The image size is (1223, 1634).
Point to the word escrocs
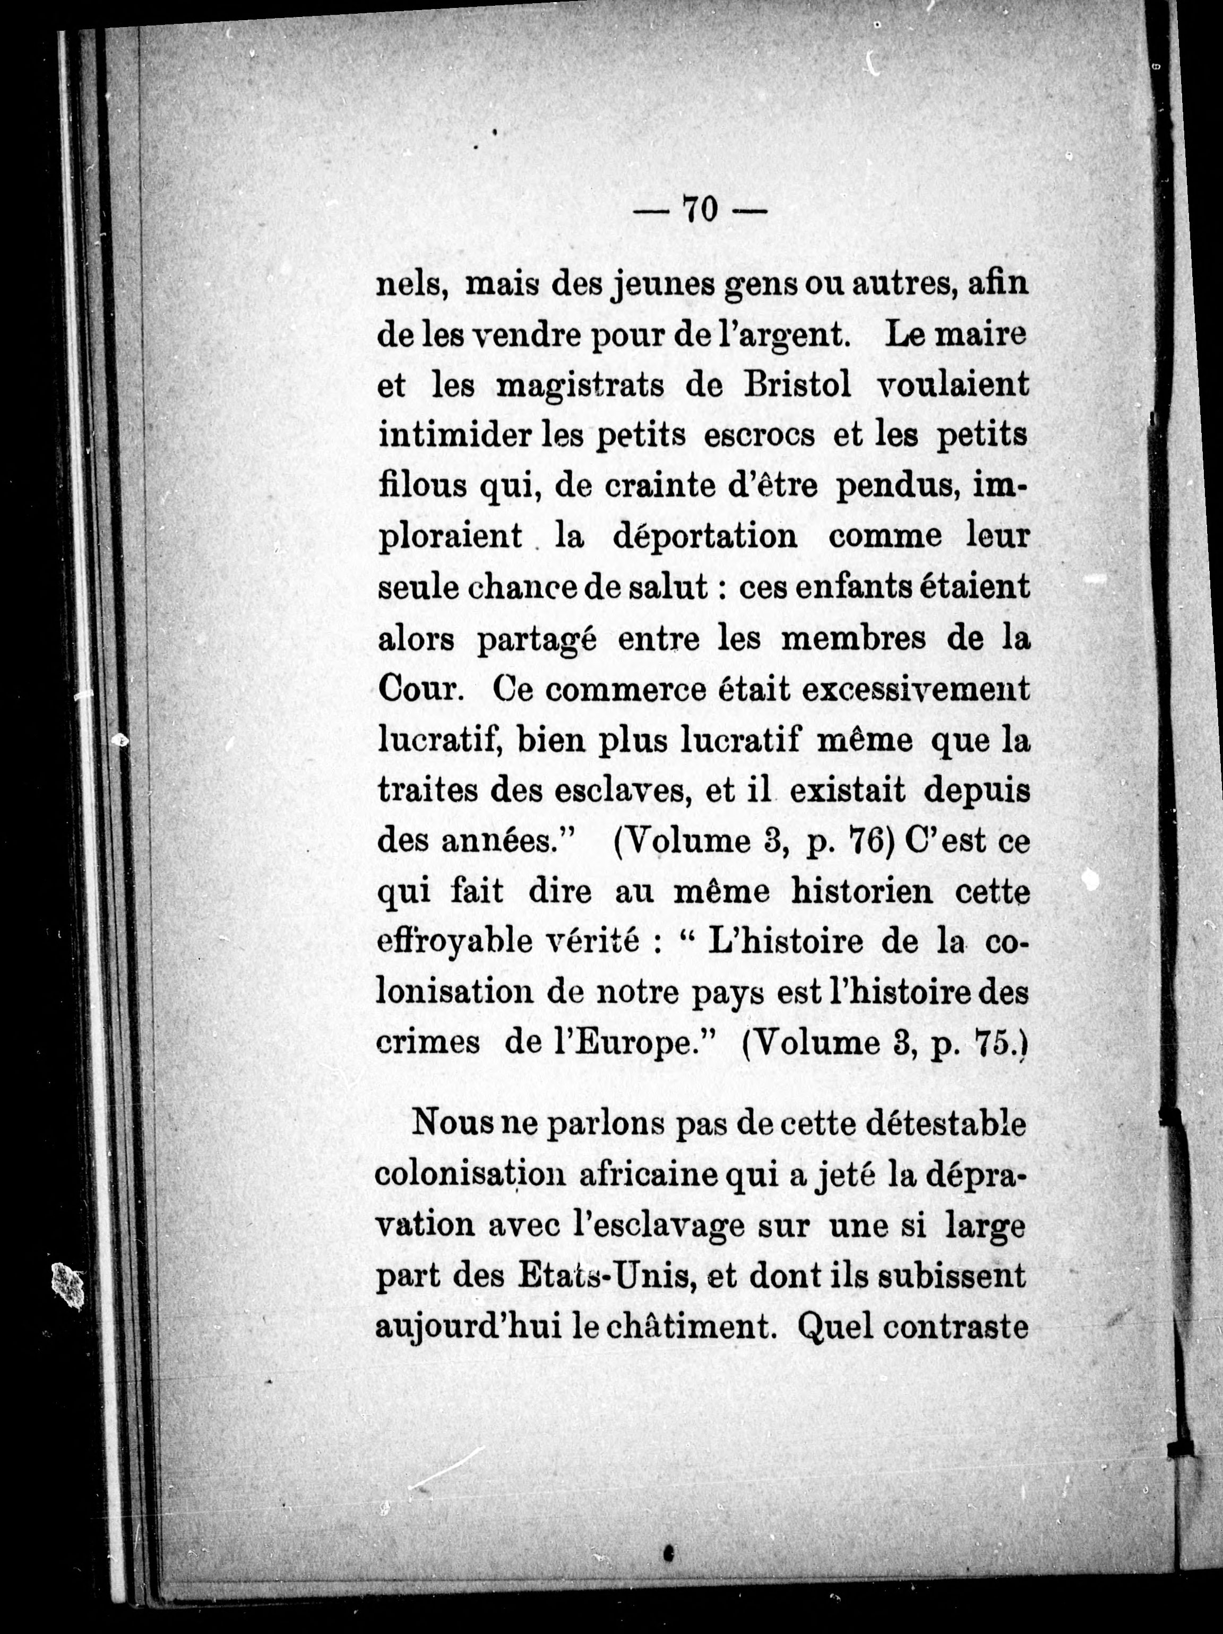tap(759, 435)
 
